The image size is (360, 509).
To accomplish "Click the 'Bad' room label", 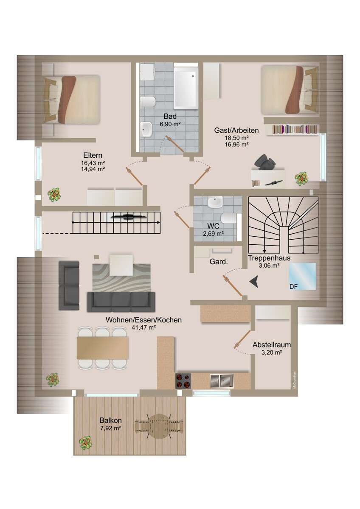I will click(170, 116).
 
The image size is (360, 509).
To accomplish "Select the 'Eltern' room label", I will click(93, 156).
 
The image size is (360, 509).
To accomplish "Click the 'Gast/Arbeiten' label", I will click(236, 131).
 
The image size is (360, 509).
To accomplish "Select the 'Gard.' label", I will click(219, 262).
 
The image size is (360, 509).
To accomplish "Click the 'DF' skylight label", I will click(293, 287).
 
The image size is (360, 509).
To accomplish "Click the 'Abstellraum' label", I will click(272, 345).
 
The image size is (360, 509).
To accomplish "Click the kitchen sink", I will click(221, 380).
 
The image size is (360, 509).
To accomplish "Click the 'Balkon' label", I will click(111, 420).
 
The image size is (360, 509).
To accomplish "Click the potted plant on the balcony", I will click(86, 443).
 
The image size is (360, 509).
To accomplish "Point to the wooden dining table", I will click(102, 348).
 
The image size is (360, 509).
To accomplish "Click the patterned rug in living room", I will click(121, 278).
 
